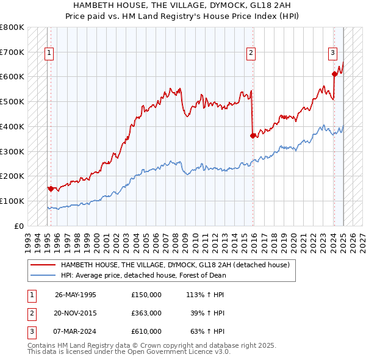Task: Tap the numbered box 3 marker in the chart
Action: point(333,53)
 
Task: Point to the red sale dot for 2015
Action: point(253,135)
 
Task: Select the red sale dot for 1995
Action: point(50,189)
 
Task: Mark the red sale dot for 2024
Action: point(334,74)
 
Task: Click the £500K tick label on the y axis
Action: point(12,101)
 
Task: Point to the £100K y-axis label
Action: point(12,201)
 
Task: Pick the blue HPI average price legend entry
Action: point(143,275)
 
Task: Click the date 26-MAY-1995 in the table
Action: point(76,295)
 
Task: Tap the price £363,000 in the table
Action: point(146,313)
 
